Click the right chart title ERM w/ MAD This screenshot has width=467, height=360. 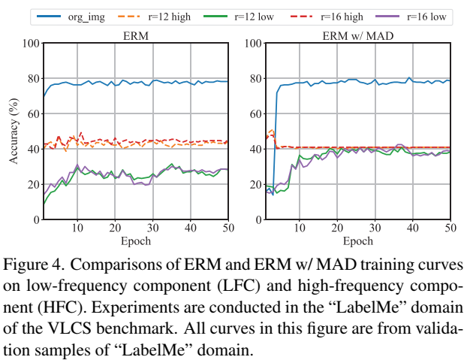(357, 35)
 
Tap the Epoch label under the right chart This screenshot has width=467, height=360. (357, 241)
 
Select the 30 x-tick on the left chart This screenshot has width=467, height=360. (152, 228)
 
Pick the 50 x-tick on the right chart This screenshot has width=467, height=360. (450, 228)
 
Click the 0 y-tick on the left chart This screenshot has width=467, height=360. (35, 219)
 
